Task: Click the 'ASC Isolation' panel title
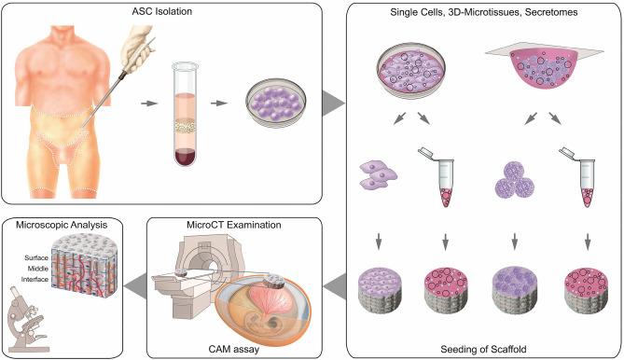(x=161, y=10)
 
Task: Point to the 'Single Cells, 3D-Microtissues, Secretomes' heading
(x=481, y=10)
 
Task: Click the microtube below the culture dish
(x=438, y=179)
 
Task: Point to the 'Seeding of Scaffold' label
(x=481, y=347)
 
